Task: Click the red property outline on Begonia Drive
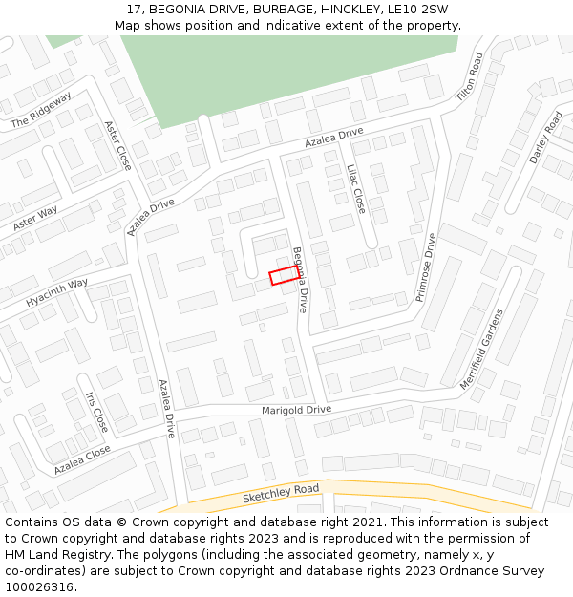pos(286,275)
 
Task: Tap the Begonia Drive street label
pos(300,280)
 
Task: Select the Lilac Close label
pos(355,188)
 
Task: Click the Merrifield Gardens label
pos(480,349)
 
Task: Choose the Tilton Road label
pos(470,77)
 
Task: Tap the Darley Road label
pos(546,138)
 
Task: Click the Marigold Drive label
pos(296,410)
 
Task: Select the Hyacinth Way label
pos(57,293)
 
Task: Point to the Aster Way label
pos(35,218)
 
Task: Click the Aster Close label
pos(117,145)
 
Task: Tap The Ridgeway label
pos(41,111)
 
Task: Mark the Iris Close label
pos(96,412)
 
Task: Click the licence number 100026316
pos(37,587)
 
